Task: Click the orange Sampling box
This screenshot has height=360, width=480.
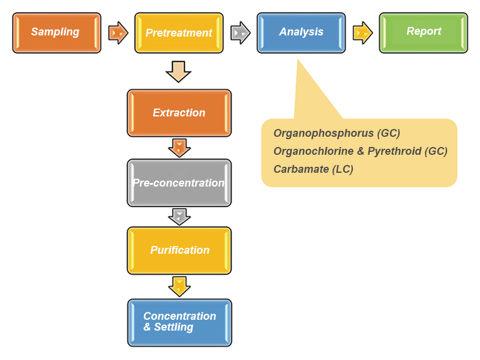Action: tap(56, 33)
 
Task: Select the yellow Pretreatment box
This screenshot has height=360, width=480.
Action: tap(179, 33)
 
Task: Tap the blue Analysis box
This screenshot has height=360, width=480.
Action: tap(301, 33)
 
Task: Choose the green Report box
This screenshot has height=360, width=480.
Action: tap(424, 33)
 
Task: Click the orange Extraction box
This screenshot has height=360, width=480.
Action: tap(179, 113)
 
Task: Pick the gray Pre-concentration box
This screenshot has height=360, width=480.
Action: tap(179, 183)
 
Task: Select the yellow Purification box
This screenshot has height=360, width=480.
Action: tap(179, 250)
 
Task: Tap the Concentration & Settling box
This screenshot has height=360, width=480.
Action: tap(179, 323)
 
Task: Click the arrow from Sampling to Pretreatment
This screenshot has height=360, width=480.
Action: tap(118, 33)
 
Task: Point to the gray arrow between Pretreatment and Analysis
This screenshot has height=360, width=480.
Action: tap(241, 33)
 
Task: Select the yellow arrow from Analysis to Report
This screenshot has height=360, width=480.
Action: tap(363, 33)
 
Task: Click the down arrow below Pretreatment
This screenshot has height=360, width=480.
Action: tap(178, 71)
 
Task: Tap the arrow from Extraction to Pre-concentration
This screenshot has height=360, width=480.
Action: tap(179, 148)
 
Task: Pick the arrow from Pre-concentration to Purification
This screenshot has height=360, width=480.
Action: tap(179, 217)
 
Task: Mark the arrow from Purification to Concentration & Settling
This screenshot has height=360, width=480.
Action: tap(179, 287)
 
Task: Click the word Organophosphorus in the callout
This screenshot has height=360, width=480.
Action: tap(323, 133)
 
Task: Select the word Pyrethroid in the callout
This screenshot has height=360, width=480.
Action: tap(394, 151)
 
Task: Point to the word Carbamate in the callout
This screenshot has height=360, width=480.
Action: tap(301, 169)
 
